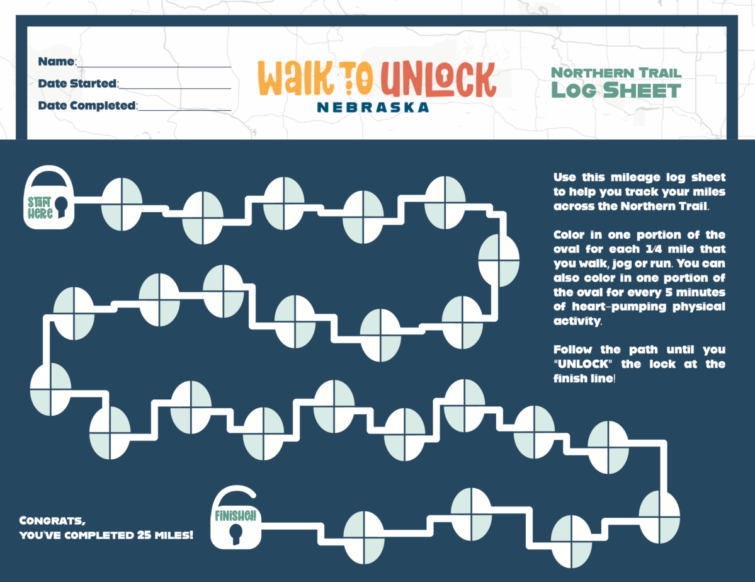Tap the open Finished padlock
[236, 523]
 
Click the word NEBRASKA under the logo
[373, 107]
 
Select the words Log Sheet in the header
[616, 90]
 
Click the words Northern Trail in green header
[616, 72]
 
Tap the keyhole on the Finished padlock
[236, 534]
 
